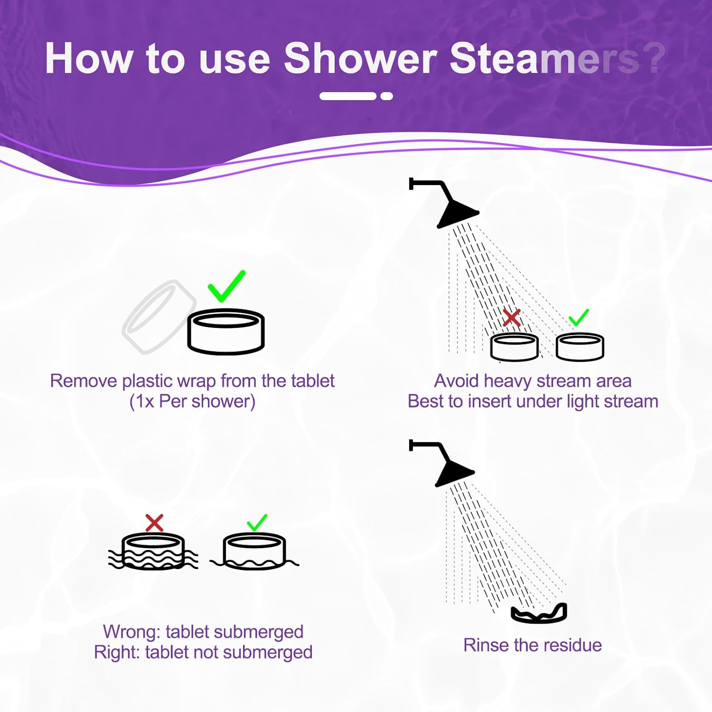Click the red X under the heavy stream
point(512,318)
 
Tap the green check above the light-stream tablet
point(579,317)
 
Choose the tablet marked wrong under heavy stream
point(514,347)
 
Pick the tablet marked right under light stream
point(580,347)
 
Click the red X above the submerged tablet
point(154,523)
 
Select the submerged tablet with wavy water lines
point(153,552)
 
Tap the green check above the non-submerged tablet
point(257,523)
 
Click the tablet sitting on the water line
point(254,551)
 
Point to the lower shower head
point(453,470)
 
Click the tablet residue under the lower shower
point(539,613)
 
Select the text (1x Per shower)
point(192,402)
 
